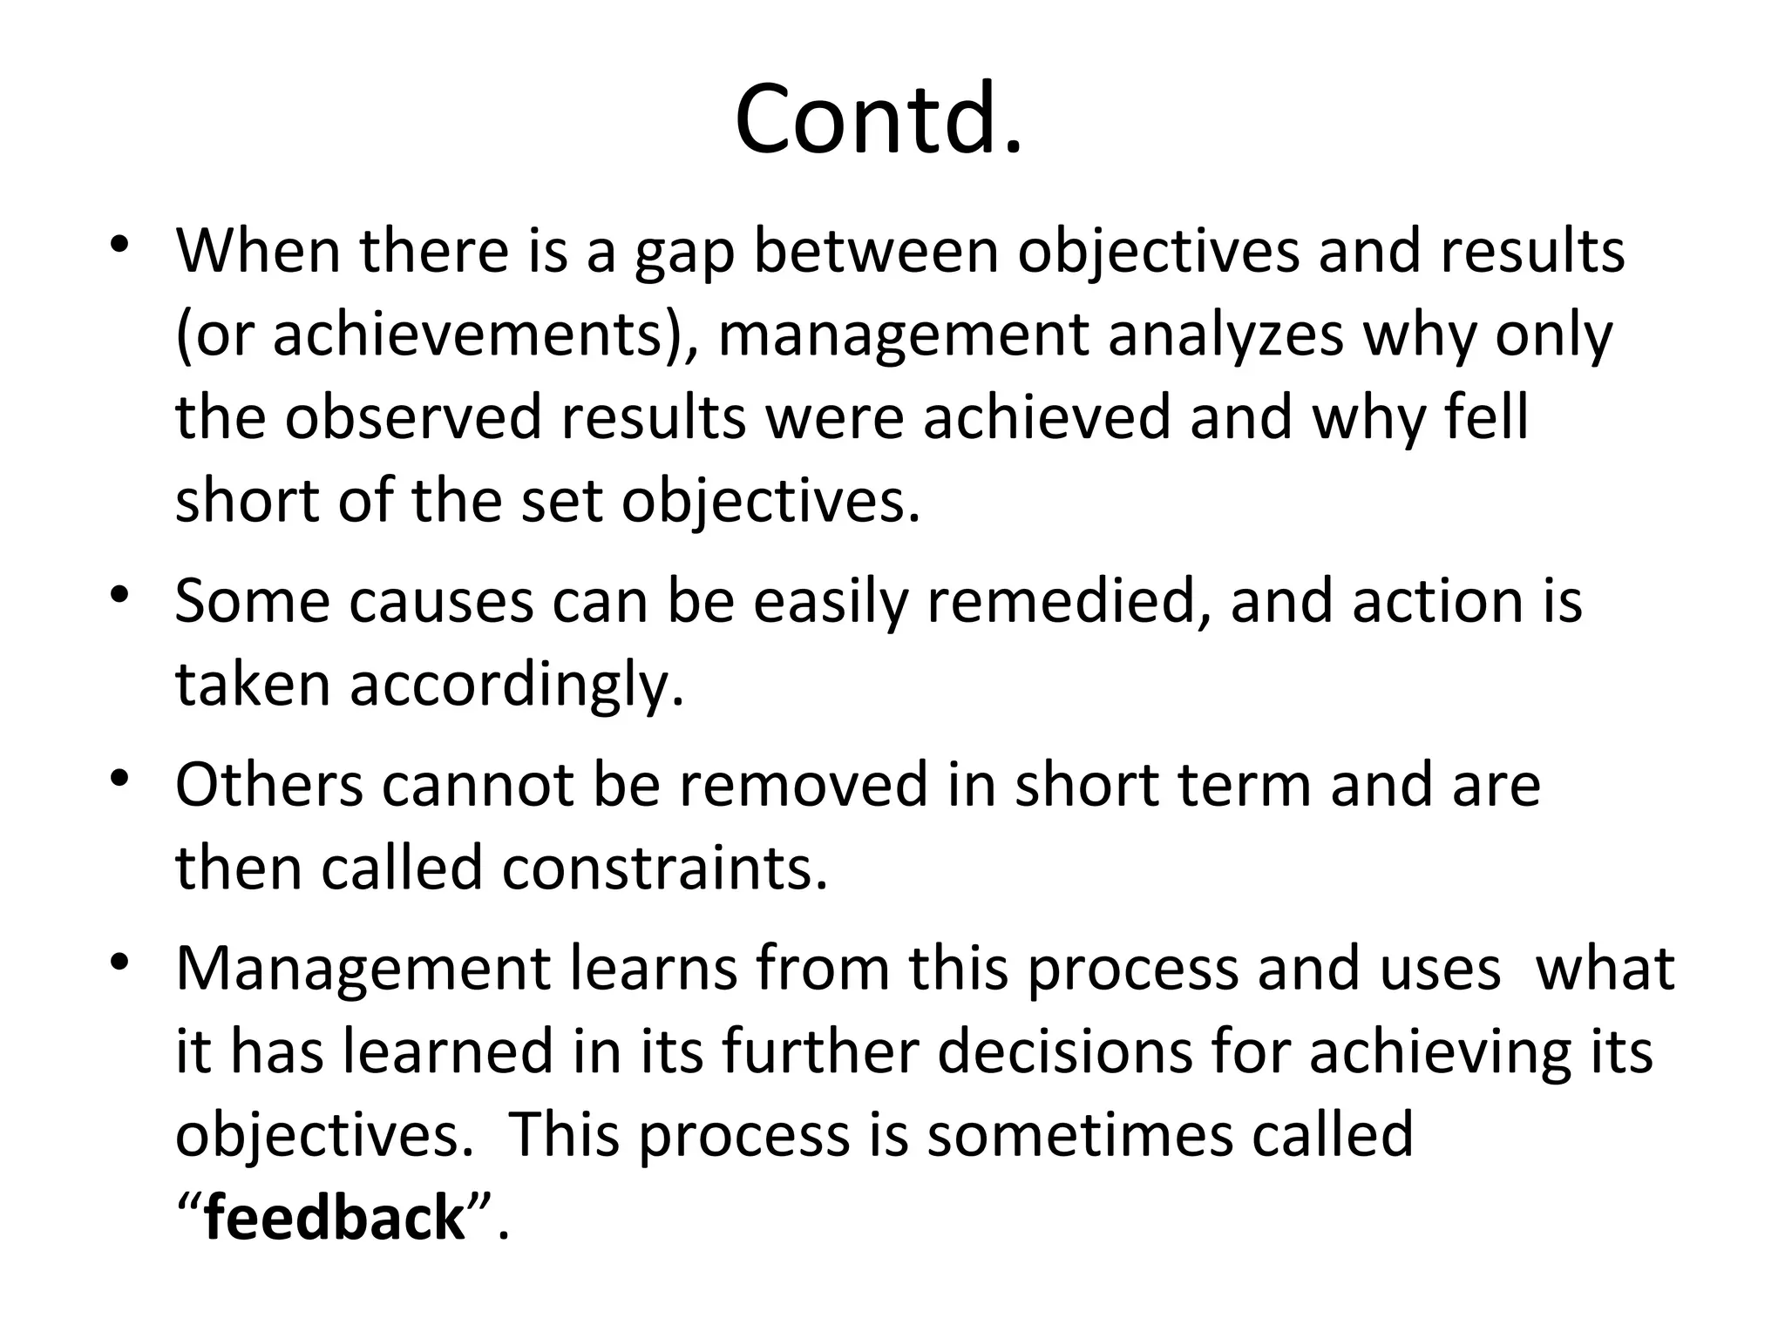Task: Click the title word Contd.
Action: pyautogui.click(x=878, y=119)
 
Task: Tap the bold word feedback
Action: pyautogui.click(x=334, y=1218)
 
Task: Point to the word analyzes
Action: pyautogui.click(x=1225, y=335)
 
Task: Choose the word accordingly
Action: pyautogui.click(x=517, y=685)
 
